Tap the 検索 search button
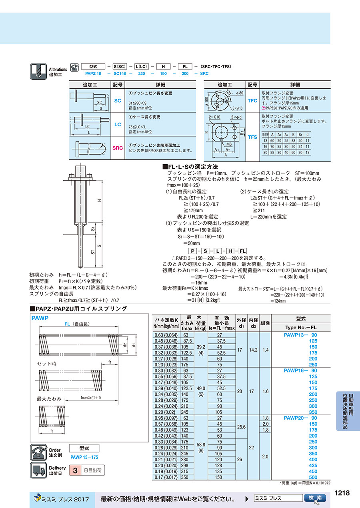315,498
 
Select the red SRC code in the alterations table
118,148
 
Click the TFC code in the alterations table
252,101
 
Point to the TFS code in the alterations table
252,137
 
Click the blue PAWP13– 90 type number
300,335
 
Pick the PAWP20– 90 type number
300,418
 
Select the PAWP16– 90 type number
300,371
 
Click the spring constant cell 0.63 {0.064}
166,335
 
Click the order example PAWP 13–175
84,457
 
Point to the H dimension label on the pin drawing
99,200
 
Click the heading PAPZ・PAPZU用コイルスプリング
79,309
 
